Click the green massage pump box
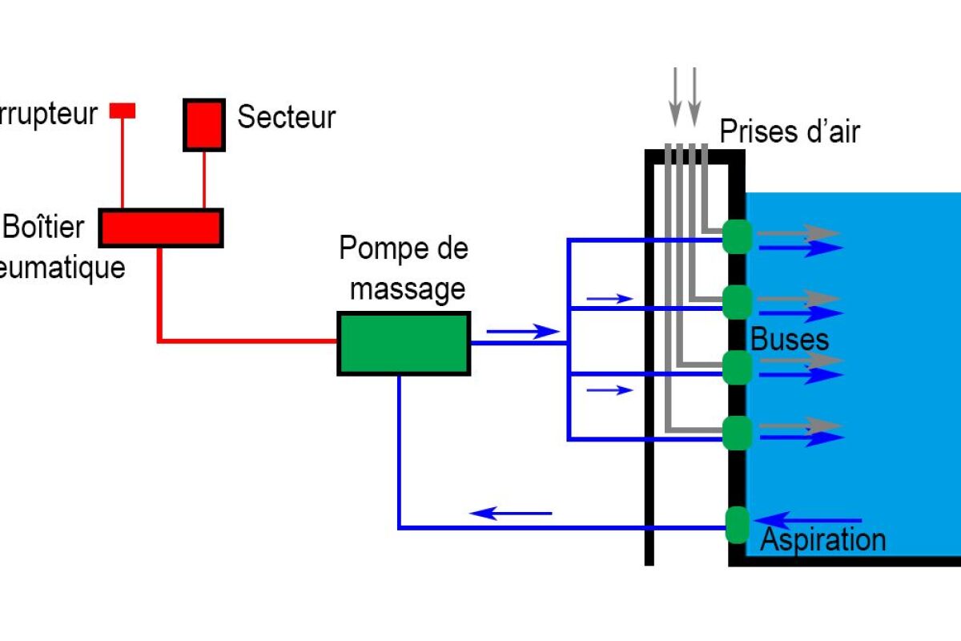click(x=404, y=344)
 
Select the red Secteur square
click(x=204, y=124)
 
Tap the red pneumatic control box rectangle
click(x=160, y=228)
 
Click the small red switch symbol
click(x=123, y=110)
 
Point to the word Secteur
click(x=287, y=117)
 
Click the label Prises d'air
click(x=790, y=131)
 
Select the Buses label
click(x=789, y=339)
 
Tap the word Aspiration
click(x=822, y=539)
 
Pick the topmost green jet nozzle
click(x=737, y=236)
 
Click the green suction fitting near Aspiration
click(x=737, y=525)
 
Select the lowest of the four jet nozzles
click(x=737, y=433)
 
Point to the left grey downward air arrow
click(x=676, y=96)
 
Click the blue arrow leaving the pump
click(x=521, y=331)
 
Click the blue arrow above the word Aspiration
click(x=809, y=519)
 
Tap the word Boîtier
click(x=44, y=227)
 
